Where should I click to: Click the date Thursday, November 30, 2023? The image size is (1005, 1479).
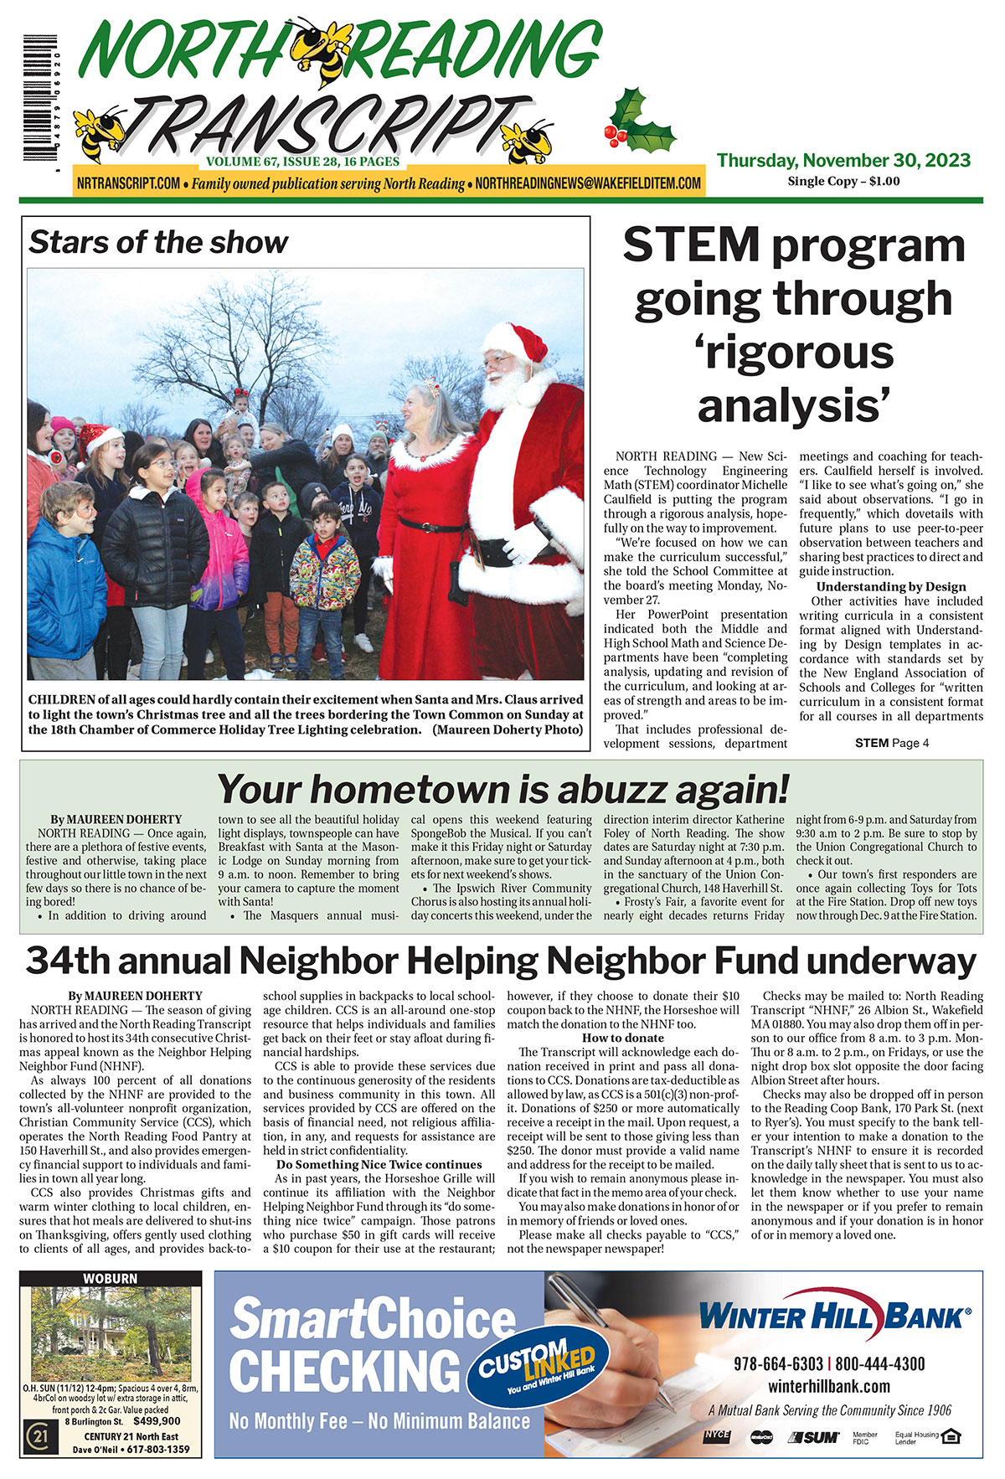[843, 160]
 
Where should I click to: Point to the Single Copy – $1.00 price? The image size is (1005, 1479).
[843, 181]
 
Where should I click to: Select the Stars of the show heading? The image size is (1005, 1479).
[158, 243]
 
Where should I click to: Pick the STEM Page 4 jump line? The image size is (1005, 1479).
[891, 743]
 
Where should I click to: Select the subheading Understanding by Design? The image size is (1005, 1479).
[891, 586]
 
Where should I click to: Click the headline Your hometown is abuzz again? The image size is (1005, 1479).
[502, 789]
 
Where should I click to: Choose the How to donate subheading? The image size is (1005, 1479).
[622, 1038]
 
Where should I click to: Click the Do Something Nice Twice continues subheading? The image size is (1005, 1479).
[379, 1164]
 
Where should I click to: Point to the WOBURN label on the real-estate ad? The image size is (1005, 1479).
[111, 1279]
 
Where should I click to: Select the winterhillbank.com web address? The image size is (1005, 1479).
[828, 1386]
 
